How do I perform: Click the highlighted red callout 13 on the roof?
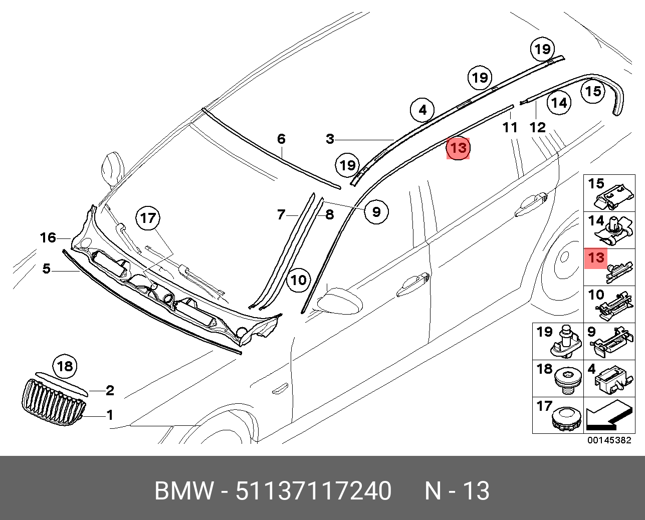pos(458,148)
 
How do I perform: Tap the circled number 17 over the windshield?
pos(148,218)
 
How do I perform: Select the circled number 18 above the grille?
pos(65,366)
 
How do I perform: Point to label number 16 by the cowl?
pos(48,237)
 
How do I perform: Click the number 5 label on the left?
pos(46,269)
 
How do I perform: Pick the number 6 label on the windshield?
pos(281,139)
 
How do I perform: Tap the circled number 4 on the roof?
pos(422,110)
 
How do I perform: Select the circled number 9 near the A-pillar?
pos(376,211)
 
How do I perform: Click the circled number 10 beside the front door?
pos(299,280)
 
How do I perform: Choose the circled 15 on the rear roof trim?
pos(593,91)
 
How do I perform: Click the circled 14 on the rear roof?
pos(559,103)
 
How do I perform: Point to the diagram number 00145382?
pos(609,440)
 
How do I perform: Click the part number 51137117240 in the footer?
pos(313,490)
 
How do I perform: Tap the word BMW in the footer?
pos(183,490)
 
